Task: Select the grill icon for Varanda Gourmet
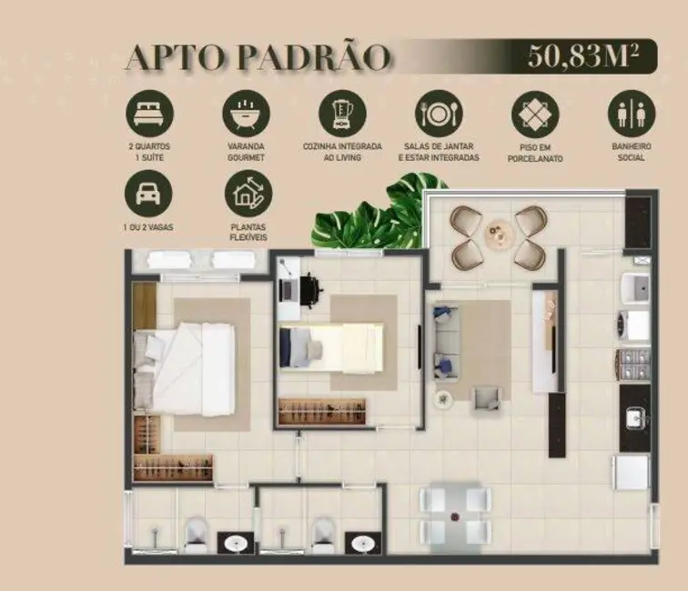tap(246, 113)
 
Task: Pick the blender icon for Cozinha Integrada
tap(342, 113)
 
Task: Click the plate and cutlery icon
tap(439, 113)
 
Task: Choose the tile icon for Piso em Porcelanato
tap(535, 114)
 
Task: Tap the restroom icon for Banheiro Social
tap(631, 114)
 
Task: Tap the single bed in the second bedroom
tap(330, 346)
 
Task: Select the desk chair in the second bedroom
tap(310, 289)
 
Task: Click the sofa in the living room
tap(445, 342)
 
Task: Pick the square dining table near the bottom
tap(455, 514)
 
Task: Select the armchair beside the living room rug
tap(487, 397)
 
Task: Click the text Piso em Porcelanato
tap(535, 152)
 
